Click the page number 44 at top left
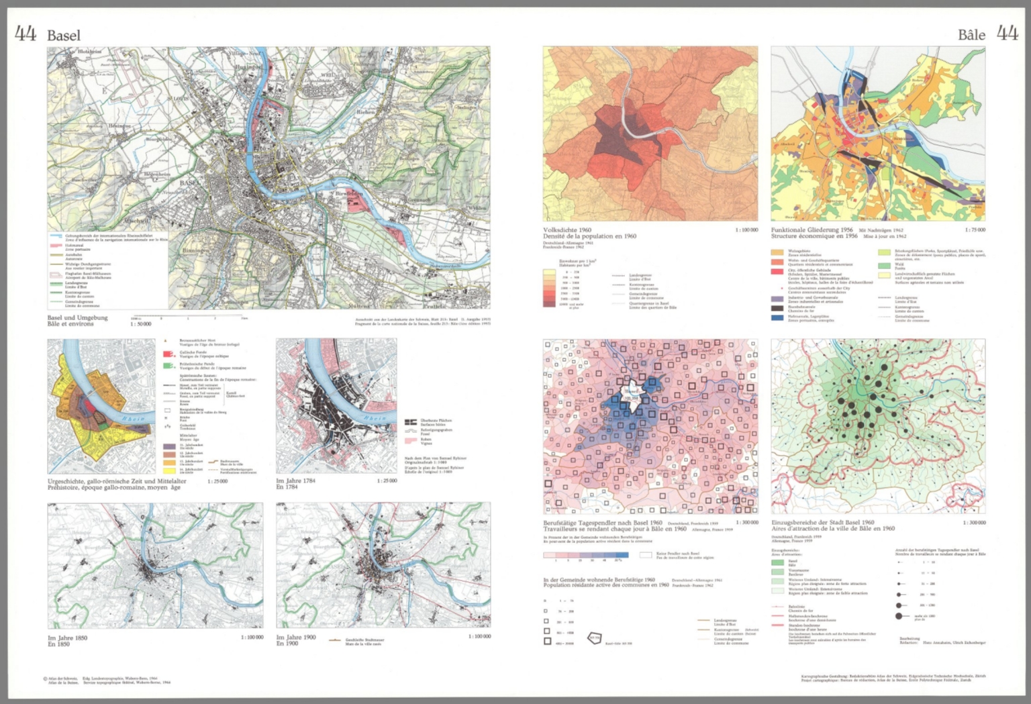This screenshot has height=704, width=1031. tap(26, 34)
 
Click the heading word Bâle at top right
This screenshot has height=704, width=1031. tap(971, 35)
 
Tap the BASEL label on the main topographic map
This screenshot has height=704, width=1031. tap(190, 183)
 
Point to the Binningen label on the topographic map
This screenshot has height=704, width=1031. tap(196, 250)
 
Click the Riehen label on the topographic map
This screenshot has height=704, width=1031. tap(366, 112)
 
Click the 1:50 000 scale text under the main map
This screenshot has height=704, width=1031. tap(141, 324)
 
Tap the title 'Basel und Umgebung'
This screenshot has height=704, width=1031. tap(77, 317)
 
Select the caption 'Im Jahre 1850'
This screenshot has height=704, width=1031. tap(68, 638)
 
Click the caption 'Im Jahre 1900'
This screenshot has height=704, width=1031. tap(296, 638)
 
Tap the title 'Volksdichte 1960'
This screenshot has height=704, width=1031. tap(567, 230)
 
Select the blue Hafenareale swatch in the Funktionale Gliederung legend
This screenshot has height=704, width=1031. tap(777, 317)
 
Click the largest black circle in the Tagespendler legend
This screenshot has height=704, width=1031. tap(899, 615)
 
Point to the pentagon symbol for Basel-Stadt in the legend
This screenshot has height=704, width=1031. tap(595, 638)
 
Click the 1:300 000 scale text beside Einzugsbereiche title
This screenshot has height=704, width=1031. tap(974, 523)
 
